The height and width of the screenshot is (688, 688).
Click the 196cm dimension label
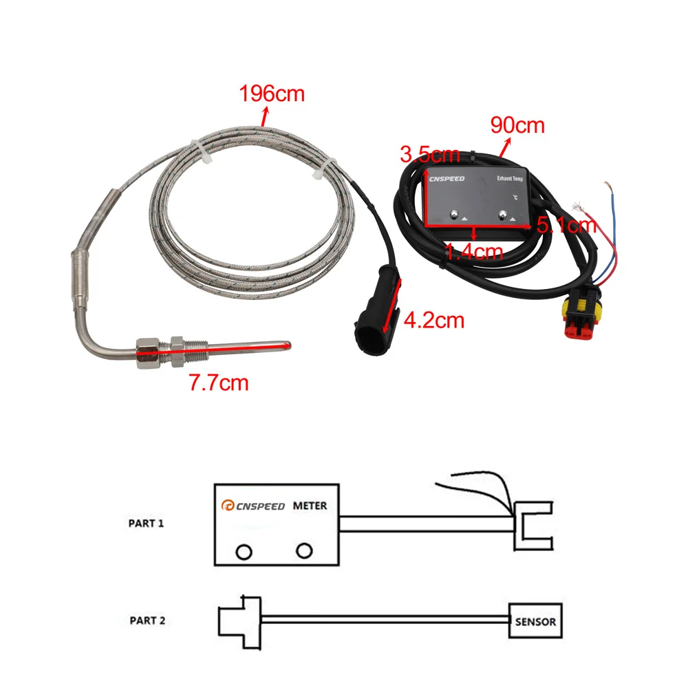[x=271, y=94]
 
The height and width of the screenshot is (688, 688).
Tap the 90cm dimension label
[x=517, y=126]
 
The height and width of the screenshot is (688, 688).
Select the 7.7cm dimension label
[x=219, y=383]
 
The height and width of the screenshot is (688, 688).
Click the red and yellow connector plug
[x=581, y=319]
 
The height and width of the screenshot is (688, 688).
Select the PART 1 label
[x=146, y=523]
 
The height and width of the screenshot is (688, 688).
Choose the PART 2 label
[x=147, y=621]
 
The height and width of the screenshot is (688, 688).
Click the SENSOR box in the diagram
[x=535, y=621]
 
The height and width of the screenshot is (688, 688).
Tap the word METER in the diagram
[x=310, y=506]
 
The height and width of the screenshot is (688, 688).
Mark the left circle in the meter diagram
[x=242, y=551]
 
